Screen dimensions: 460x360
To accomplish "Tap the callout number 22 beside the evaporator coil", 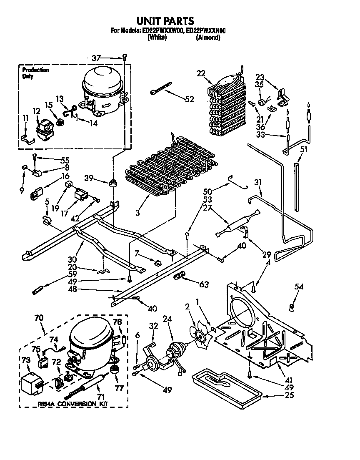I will pyautogui.click(x=201, y=73).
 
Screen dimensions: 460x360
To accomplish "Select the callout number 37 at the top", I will pyautogui.click(x=96, y=58).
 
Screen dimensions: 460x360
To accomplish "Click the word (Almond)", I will pyautogui.click(x=208, y=38).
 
